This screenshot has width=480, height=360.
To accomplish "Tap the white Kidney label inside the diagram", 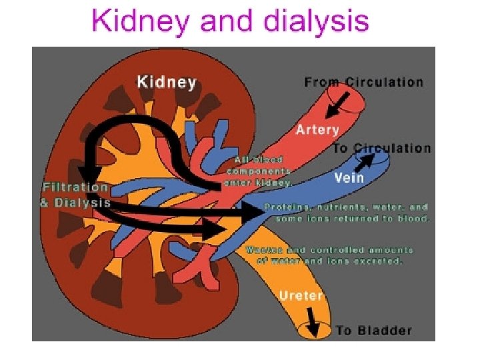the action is (x=166, y=82).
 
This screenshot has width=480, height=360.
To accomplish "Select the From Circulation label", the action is (x=363, y=82).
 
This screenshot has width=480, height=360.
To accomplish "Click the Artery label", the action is (x=317, y=129).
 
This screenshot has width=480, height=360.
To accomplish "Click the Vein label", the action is (x=349, y=177).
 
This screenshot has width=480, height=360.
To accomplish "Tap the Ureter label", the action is (x=301, y=295).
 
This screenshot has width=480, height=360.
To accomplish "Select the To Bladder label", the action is (x=373, y=330).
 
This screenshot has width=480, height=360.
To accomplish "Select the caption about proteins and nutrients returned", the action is (x=347, y=213).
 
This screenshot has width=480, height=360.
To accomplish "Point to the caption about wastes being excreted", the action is (x=329, y=255).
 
